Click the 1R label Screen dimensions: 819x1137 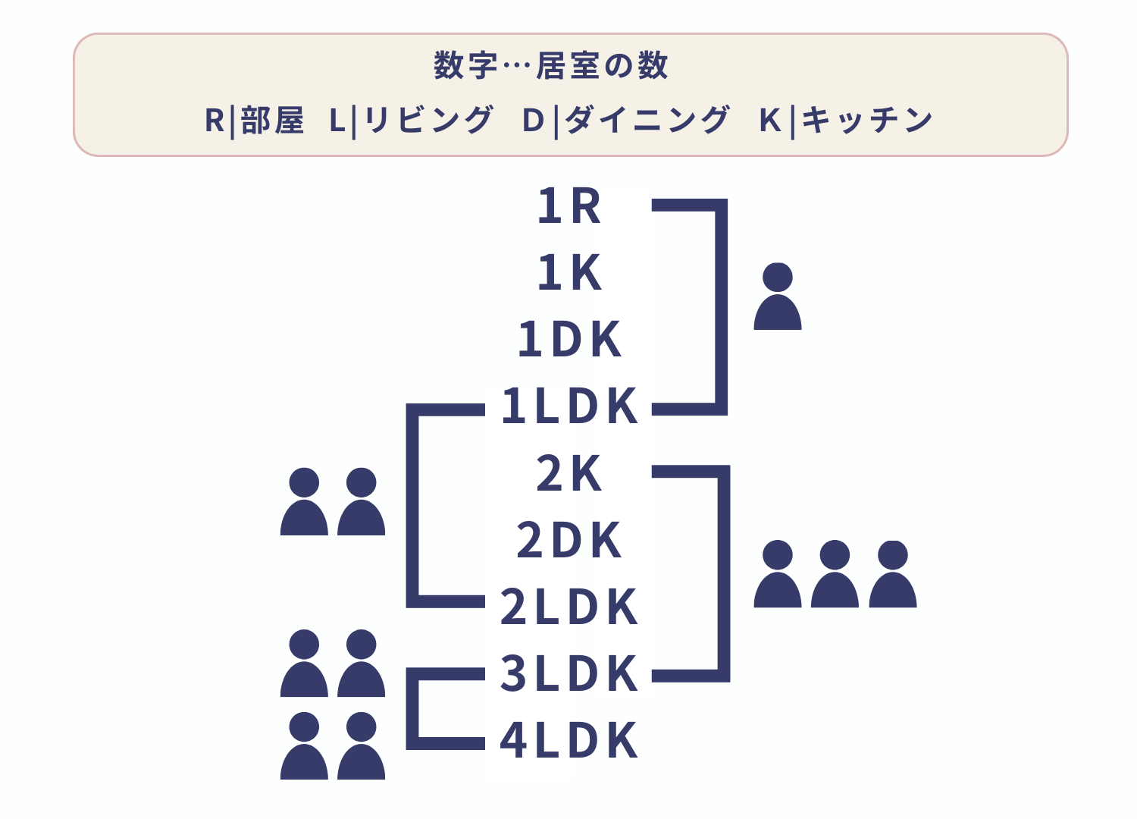tap(569, 206)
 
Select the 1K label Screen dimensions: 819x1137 tap(569, 273)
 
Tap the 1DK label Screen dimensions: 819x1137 tap(569, 340)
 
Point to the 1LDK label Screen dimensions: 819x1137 tap(569, 406)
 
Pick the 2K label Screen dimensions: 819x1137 tap(569, 474)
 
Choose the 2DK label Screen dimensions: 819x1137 tap(569, 541)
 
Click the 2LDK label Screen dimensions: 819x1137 tap(569, 607)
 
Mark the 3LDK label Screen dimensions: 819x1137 tap(569, 673)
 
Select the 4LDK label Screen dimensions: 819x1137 tap(569, 740)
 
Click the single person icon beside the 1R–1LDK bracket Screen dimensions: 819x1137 tap(778, 297)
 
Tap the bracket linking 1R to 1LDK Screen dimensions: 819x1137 tap(721, 307)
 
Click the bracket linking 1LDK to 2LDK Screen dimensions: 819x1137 tap(413, 506)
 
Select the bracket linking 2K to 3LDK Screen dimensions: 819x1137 tap(723, 573)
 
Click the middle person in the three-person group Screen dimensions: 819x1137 tap(835, 575)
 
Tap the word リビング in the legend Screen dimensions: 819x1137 tap(428, 121)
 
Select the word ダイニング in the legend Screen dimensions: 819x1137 tap(647, 121)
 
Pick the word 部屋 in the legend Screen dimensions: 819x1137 tap(272, 121)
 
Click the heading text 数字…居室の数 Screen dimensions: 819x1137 tap(551, 65)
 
